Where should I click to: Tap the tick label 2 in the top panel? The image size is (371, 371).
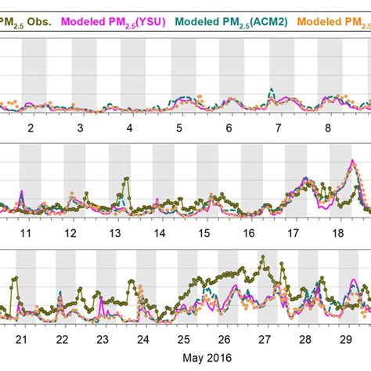[31, 128]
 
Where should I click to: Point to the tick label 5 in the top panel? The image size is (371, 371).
[180, 128]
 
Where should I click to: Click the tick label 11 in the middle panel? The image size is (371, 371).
[26, 234]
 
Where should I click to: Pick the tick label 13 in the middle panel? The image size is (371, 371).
[115, 234]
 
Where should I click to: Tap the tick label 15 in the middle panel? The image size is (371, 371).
[204, 234]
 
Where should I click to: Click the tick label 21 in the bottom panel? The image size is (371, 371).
[21, 340]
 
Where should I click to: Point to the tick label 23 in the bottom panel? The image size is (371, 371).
[102, 340]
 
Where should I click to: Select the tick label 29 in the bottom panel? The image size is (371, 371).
[345, 340]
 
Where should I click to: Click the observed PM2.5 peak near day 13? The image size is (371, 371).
[126, 179]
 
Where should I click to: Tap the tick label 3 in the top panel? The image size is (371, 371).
[81, 128]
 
